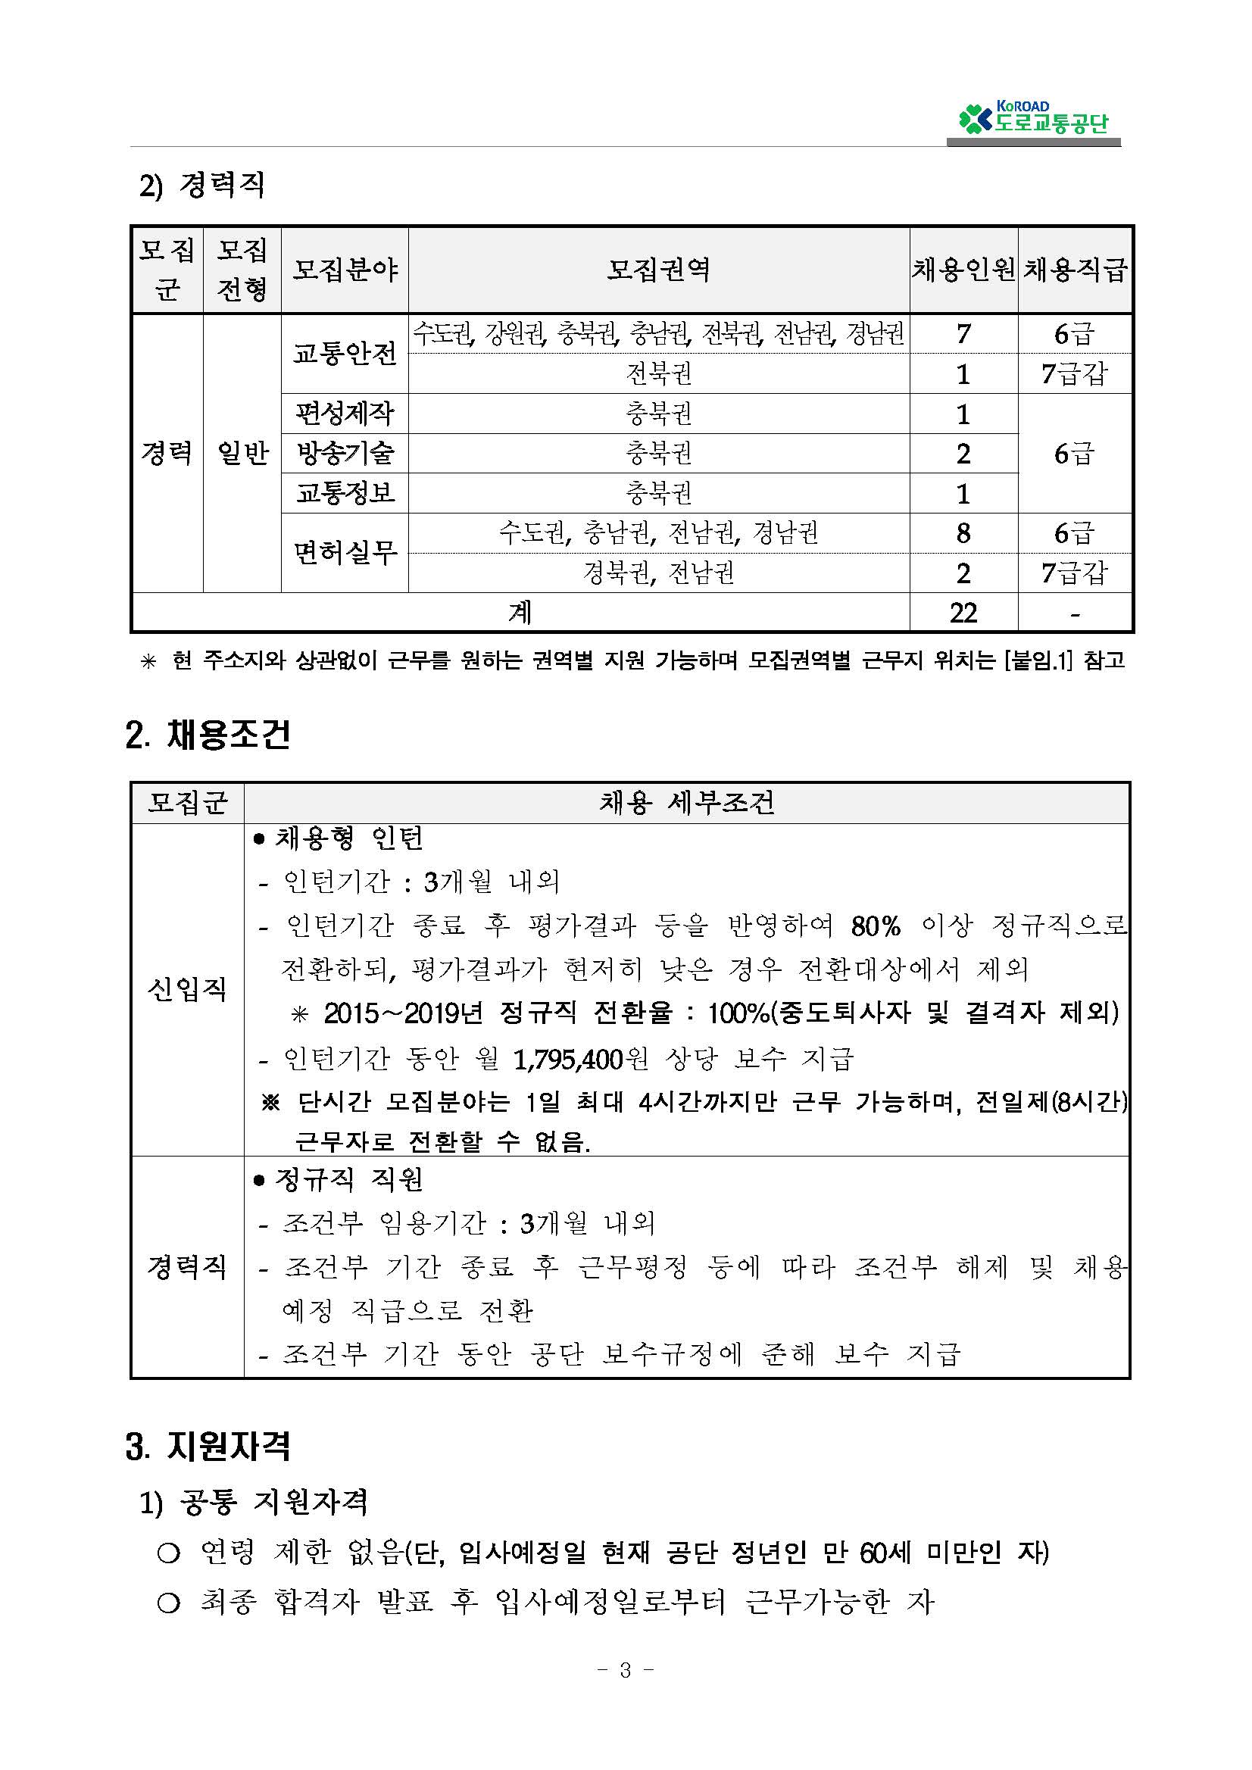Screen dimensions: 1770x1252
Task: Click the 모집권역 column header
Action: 658,270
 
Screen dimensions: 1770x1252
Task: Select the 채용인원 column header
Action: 963,270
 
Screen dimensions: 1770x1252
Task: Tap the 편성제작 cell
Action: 345,414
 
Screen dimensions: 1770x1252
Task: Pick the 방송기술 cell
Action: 345,453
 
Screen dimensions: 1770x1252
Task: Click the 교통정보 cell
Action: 345,492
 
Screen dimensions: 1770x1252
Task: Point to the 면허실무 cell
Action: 345,552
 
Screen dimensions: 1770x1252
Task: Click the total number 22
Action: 963,613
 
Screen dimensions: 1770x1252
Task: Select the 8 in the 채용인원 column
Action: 963,532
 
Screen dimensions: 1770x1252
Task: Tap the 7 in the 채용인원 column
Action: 963,334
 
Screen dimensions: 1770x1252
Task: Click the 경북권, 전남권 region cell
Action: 658,573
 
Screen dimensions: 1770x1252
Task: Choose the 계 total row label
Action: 520,613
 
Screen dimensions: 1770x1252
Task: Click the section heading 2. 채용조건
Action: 208,735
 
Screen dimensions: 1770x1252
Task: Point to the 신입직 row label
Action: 187,989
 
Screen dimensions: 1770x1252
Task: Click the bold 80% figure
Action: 875,926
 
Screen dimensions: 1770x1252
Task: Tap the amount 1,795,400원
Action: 580,1060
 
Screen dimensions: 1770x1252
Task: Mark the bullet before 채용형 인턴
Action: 259,838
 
